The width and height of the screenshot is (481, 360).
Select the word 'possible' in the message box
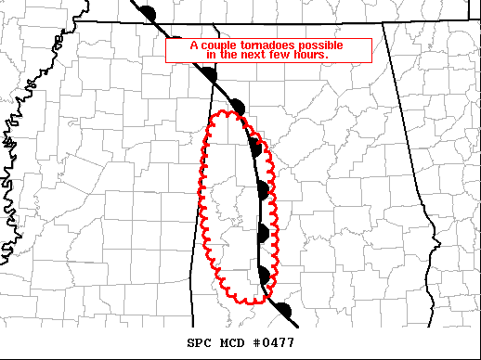[319, 45]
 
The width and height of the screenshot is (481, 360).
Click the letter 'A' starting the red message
[193, 45]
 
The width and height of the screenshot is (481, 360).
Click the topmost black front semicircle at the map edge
[149, 12]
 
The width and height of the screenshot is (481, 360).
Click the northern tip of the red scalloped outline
[228, 113]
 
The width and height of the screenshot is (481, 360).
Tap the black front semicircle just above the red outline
[238, 106]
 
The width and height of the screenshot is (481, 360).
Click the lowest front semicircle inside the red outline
[265, 275]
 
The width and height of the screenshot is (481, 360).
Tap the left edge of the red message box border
[166, 51]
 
